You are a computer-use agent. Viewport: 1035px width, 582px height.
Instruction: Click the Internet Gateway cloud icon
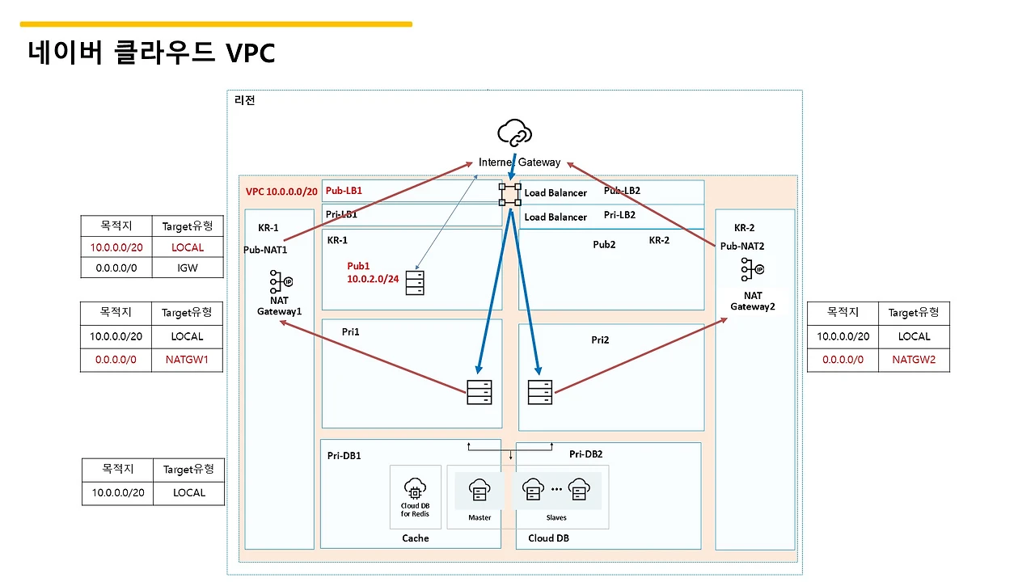pos(515,133)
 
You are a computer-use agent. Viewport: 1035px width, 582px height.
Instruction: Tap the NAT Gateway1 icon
pos(280,281)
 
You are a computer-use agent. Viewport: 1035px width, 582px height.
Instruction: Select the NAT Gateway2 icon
pos(753,269)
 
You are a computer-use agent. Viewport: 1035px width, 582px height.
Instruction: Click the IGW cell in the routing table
pos(188,267)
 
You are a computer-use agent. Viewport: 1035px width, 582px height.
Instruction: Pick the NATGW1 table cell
pos(188,360)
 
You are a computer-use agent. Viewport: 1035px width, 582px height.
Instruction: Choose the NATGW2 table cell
pos(914,360)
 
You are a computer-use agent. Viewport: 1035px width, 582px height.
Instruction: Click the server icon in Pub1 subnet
pos(415,282)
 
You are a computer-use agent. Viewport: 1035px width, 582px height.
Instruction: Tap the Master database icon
pos(479,490)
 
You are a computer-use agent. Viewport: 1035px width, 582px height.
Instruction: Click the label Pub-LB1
pos(344,192)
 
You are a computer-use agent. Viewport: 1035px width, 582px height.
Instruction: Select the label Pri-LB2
pos(619,215)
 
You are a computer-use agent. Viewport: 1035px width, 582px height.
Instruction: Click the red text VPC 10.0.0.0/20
pos(281,192)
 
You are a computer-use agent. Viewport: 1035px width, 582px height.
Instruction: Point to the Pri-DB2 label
pos(585,454)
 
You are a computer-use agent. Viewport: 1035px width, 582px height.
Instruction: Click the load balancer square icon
pos(510,194)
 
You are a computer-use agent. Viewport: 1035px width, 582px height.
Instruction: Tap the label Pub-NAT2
pos(742,246)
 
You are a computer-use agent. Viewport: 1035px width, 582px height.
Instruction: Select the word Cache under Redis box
pos(415,538)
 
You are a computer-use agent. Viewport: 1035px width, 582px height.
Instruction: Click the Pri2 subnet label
pos(600,340)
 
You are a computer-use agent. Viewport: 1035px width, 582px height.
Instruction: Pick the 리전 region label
pos(244,100)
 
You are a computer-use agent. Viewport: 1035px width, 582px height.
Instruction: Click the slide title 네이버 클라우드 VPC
pos(152,53)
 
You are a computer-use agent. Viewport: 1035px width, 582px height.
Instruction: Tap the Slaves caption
pos(556,517)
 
